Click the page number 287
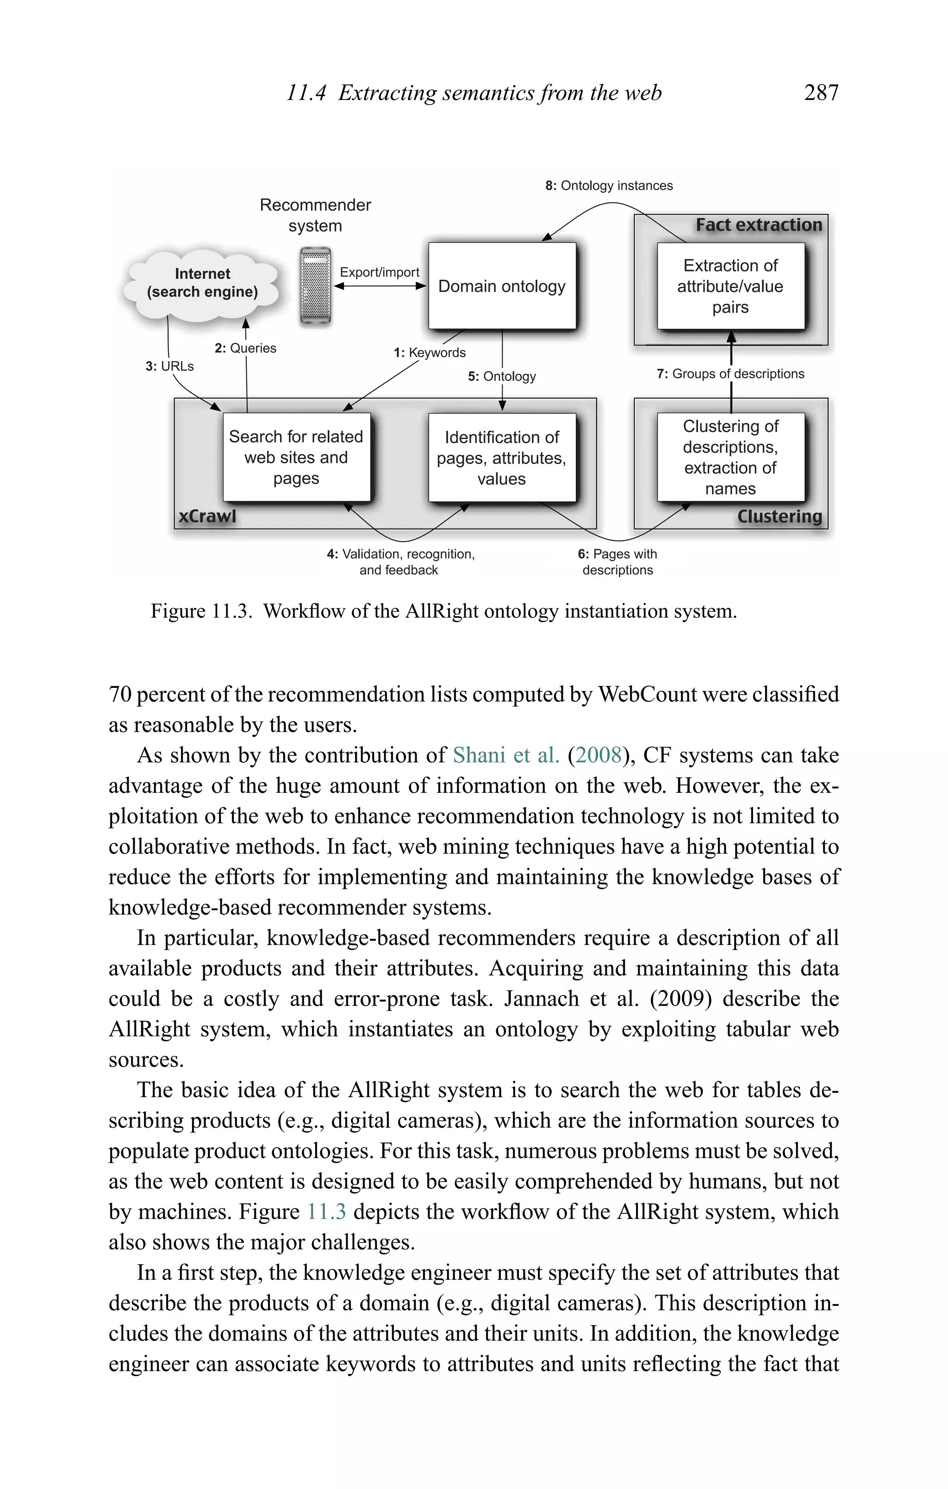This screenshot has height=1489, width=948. click(x=821, y=93)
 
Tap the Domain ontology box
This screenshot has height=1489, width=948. click(x=501, y=286)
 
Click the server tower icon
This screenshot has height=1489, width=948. click(x=315, y=286)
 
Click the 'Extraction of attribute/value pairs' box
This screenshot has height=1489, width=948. click(x=730, y=286)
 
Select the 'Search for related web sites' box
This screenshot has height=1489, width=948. click(x=296, y=457)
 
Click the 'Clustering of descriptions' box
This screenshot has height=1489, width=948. click(x=730, y=457)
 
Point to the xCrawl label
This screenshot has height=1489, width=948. click(x=207, y=516)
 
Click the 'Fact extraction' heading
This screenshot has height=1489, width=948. click(x=759, y=225)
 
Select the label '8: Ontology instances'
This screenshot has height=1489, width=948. click(x=609, y=185)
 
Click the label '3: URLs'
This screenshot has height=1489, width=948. click(x=169, y=366)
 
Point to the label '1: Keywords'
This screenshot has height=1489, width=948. click(x=430, y=352)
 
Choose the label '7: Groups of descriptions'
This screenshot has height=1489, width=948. click(x=730, y=373)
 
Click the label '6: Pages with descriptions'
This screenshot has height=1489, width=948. click(x=617, y=562)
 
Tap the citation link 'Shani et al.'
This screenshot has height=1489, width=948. click(x=505, y=755)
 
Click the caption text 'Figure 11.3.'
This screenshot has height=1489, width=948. click(x=201, y=611)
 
